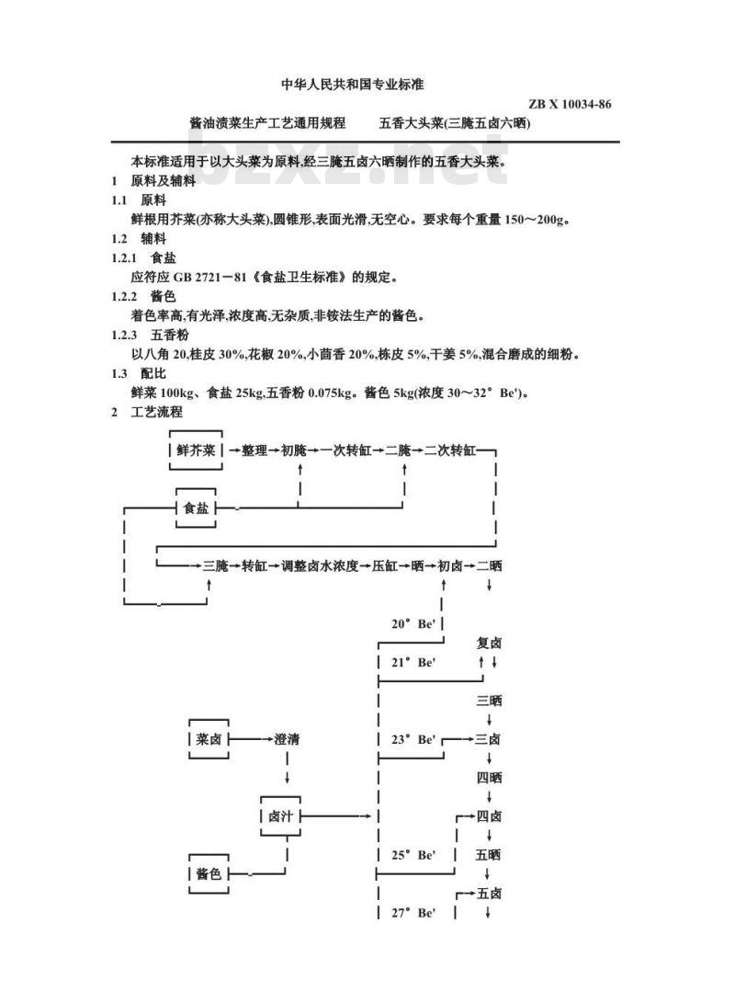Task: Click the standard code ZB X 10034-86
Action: pos(570,104)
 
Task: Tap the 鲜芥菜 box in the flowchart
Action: pos(196,450)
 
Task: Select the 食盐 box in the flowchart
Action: pos(196,507)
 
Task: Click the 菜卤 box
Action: pos(209,739)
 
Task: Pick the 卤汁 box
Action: pos(280,815)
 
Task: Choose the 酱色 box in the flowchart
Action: pos(209,873)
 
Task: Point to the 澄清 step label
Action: pos(287,739)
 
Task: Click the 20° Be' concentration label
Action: pos(413,623)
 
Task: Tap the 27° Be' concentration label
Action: pos(413,913)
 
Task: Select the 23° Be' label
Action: pos(413,739)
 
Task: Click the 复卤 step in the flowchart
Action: pos(489,643)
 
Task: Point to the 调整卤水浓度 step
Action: pos(320,566)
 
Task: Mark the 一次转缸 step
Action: pos(345,450)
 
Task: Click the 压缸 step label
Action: pos(385,566)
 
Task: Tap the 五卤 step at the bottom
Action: pos(489,893)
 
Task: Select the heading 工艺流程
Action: pos(156,412)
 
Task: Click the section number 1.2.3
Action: pos(124,335)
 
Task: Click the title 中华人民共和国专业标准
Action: pos(353,85)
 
